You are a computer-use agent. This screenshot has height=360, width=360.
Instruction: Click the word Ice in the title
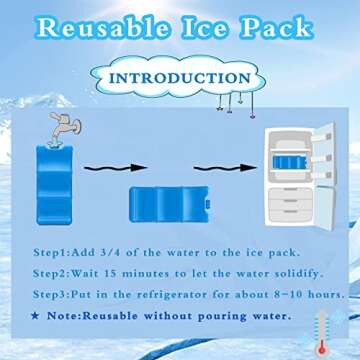point(210,26)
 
